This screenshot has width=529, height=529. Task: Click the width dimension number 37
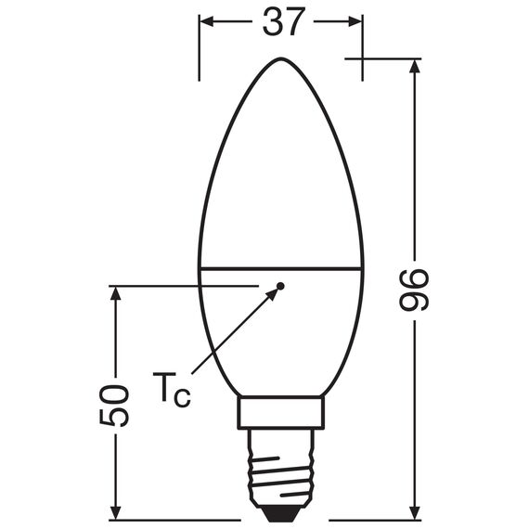pyautogui.click(x=283, y=20)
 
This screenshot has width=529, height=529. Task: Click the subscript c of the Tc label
pyautogui.click(x=183, y=397)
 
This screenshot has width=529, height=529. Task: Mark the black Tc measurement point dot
pyautogui.click(x=282, y=285)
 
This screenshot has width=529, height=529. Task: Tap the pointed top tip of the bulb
pyautogui.click(x=281, y=58)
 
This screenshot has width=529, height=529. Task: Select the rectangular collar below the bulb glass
pyautogui.click(x=281, y=413)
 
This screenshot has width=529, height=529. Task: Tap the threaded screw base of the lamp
pyautogui.click(x=281, y=464)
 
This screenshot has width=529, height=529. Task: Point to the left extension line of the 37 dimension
pyautogui.click(x=200, y=46)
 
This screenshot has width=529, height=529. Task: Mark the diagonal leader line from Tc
pyautogui.click(x=232, y=334)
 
